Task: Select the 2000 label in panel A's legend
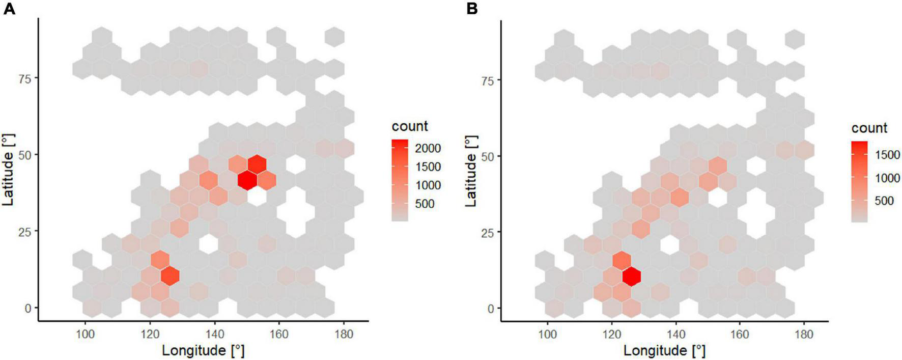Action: [x=428, y=148]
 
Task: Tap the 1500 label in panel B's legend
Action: [x=887, y=155]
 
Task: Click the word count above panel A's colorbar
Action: [x=410, y=126]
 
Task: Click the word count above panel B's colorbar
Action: [x=869, y=128]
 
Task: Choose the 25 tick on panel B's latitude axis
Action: [x=488, y=232]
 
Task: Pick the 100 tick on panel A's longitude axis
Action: [x=85, y=335]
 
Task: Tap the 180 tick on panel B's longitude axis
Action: [x=804, y=335]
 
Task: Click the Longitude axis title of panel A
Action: [x=203, y=350]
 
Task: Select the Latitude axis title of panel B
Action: [x=471, y=171]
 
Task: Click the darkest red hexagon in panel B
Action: [x=632, y=276]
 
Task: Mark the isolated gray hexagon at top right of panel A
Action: [x=334, y=37]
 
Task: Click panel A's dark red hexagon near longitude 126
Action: [x=170, y=276]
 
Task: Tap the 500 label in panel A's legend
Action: [x=425, y=204]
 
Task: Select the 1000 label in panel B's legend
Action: [x=887, y=178]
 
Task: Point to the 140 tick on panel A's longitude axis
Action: [x=214, y=335]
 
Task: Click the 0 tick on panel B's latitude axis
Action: [x=491, y=309]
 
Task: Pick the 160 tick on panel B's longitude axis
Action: [x=740, y=335]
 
